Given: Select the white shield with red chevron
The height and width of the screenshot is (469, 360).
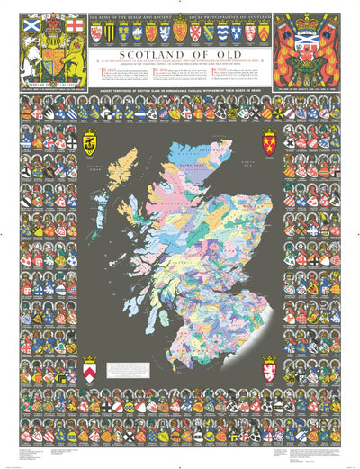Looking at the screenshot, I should tap(89, 369).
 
